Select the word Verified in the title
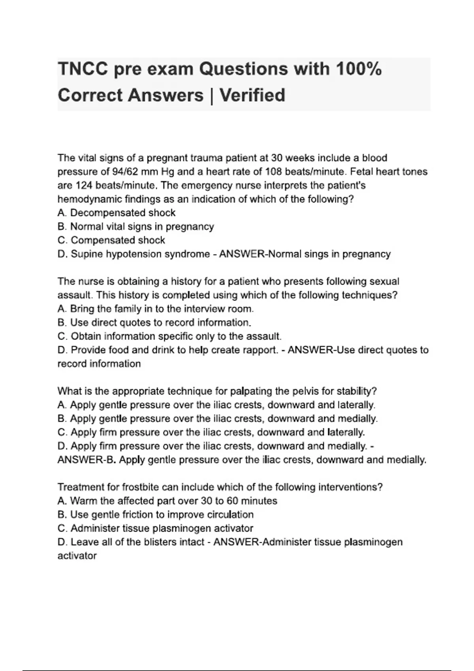[252, 96]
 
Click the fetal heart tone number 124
[84, 186]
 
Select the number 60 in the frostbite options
[233, 501]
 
